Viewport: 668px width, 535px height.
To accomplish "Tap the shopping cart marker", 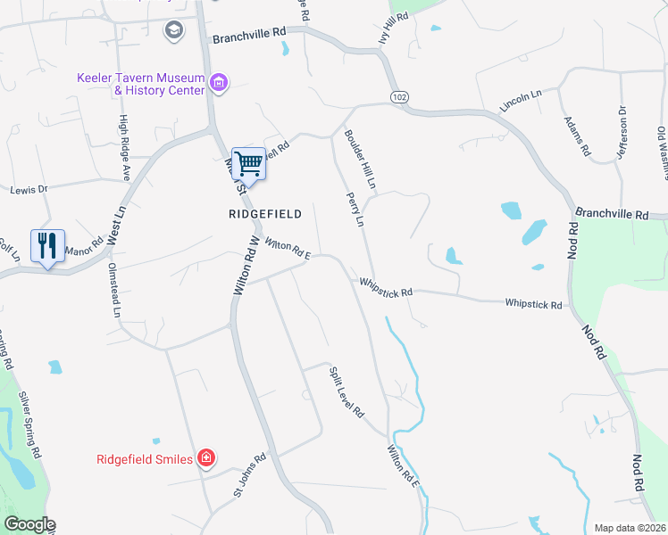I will point(248,164).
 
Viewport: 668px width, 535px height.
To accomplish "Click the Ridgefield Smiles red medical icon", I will point(206,458).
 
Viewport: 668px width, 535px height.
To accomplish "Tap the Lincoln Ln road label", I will point(522,101).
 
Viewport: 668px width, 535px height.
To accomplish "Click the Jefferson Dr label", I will point(622,133).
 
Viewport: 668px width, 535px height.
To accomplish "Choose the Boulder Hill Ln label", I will point(360,159).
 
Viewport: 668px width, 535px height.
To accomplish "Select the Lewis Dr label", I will point(28,190).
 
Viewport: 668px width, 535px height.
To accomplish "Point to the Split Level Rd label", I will point(347,392).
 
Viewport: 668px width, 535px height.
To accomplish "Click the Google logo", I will point(29,524).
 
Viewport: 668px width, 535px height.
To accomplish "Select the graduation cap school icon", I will point(172,31).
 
